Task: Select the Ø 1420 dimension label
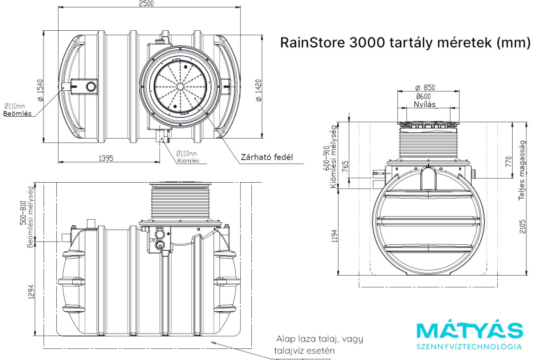tap(259, 89)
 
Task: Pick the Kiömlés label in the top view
tap(188, 161)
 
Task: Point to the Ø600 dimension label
tap(423, 96)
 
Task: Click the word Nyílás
tap(424, 105)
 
